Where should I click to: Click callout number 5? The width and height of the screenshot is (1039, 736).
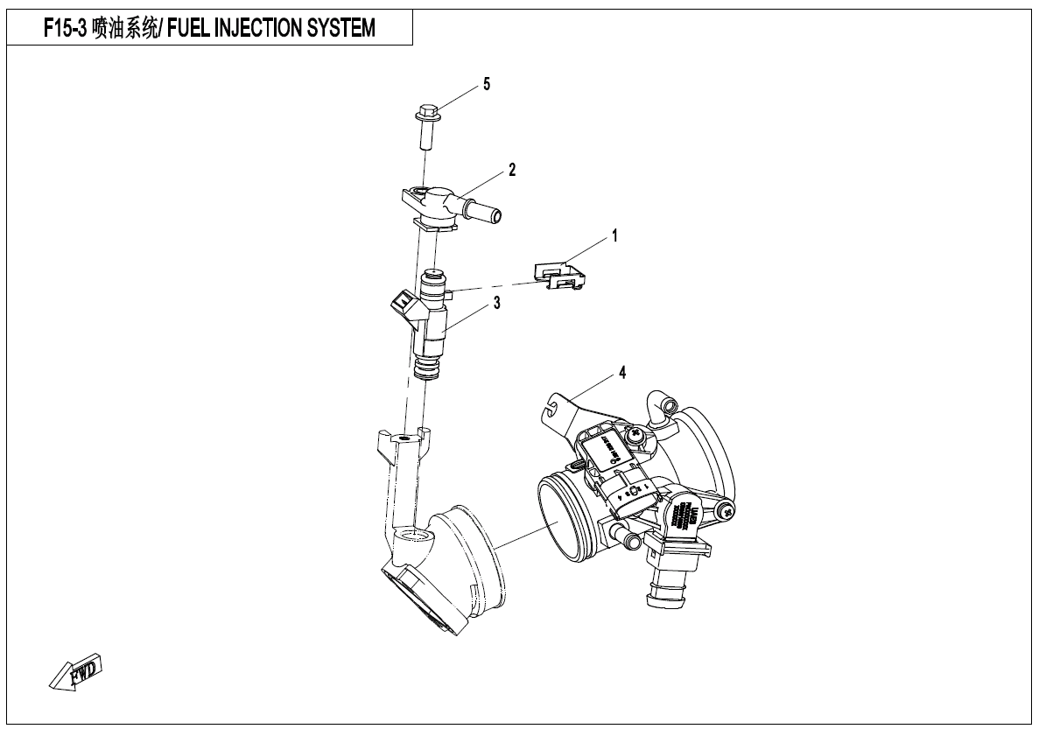click(x=487, y=85)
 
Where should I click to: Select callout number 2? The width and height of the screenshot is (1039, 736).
click(x=512, y=170)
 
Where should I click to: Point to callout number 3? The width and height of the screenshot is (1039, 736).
click(x=496, y=304)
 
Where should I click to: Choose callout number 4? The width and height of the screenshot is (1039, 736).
click(x=621, y=373)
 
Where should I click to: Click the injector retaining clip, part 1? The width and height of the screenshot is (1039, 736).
click(x=560, y=276)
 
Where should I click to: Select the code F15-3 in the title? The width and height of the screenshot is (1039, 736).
click(x=66, y=29)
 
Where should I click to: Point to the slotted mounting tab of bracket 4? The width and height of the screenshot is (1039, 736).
click(x=551, y=406)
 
